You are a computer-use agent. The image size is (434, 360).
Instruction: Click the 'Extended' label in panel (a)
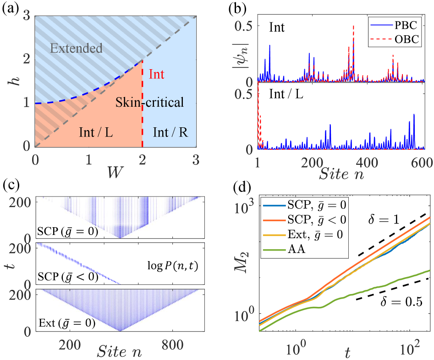76,49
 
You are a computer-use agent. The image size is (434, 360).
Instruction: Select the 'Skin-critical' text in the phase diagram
149,103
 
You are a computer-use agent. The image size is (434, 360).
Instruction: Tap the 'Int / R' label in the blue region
170,132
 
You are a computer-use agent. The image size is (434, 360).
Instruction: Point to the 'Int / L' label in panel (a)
96,132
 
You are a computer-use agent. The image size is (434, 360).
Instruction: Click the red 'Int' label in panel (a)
157,74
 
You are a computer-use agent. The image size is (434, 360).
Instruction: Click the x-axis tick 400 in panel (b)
367,163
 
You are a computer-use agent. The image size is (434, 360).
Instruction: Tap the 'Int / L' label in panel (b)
286,94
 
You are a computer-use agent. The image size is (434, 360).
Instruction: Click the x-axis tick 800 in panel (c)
172,345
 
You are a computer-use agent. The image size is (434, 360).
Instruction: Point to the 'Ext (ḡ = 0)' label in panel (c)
67,322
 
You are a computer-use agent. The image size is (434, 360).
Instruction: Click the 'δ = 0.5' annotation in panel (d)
401,301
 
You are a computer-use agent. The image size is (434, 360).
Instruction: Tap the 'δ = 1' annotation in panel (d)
383,219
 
